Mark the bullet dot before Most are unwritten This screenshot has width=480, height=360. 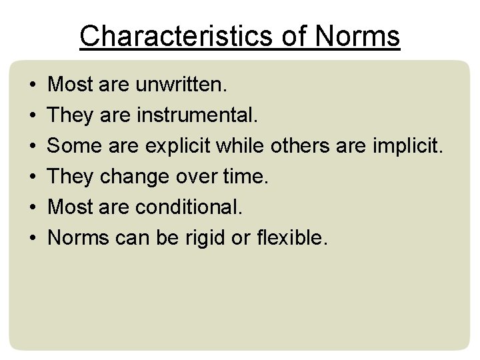tap(33, 86)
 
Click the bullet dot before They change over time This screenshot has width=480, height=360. tap(33, 178)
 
